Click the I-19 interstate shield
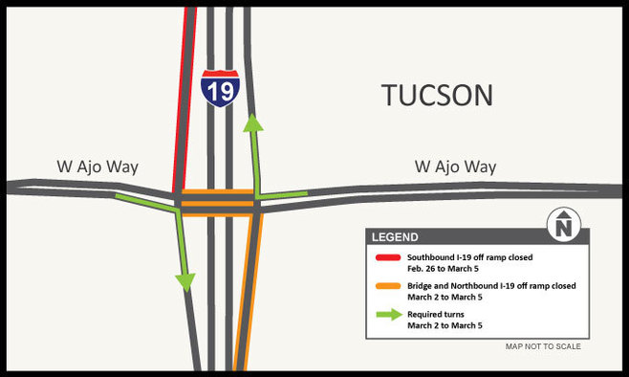(x=219, y=88)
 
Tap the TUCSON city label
(x=437, y=96)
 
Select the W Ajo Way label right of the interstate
(x=455, y=167)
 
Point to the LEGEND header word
(x=395, y=237)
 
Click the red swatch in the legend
(x=386, y=258)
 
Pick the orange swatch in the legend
(x=386, y=286)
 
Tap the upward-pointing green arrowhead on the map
(x=252, y=122)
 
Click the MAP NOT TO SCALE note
(x=543, y=346)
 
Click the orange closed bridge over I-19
(x=218, y=203)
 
